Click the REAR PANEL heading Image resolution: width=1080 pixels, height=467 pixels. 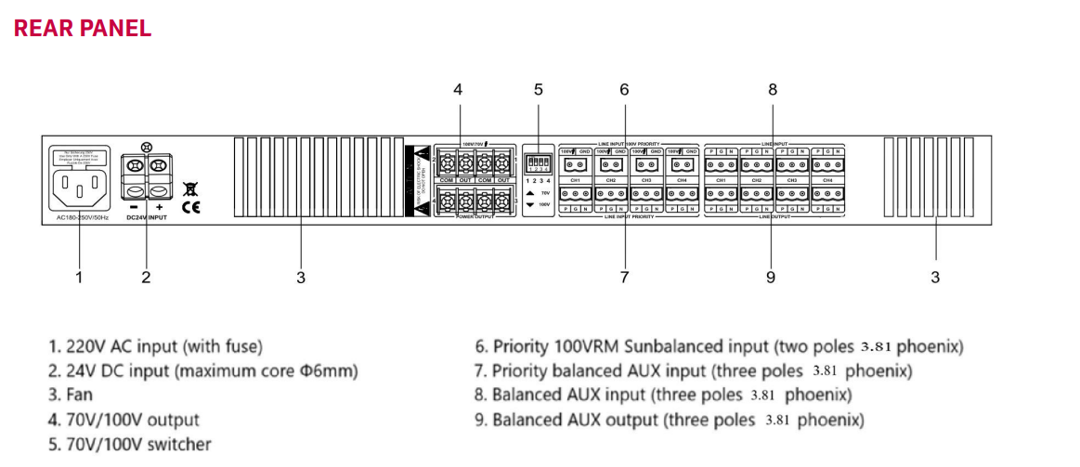[x=83, y=28]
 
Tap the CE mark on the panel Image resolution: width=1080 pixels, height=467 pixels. [x=190, y=206]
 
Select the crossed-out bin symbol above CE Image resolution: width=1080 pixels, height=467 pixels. [x=190, y=188]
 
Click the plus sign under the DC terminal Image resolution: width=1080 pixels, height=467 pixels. [x=160, y=206]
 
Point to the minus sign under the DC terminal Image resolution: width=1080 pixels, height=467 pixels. [x=135, y=206]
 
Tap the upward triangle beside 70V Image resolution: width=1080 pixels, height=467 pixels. [x=530, y=192]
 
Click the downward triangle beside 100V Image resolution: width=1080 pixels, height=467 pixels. [x=530, y=203]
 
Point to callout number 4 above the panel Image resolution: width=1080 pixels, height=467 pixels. [x=458, y=90]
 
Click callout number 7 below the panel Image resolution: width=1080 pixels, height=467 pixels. [x=624, y=277]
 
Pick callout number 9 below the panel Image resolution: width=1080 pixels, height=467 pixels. [x=771, y=277]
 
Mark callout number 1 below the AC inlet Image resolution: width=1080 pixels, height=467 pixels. [x=79, y=277]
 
